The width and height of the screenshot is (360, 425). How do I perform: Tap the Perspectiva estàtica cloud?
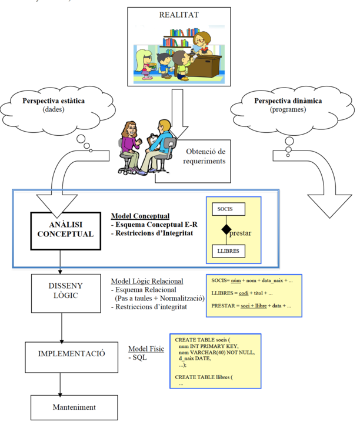tap(54, 105)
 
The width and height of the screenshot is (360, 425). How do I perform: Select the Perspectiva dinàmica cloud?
tap(288, 105)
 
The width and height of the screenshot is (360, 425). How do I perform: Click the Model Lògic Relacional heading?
tap(147, 281)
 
